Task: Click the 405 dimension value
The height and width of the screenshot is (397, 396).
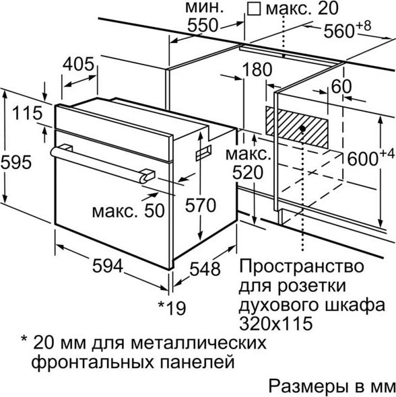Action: click(79, 64)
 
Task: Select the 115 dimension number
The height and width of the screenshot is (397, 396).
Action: click(28, 113)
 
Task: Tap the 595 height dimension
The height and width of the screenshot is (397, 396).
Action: click(16, 162)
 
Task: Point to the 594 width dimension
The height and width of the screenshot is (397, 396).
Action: click(108, 266)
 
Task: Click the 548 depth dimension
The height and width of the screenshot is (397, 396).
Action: click(205, 268)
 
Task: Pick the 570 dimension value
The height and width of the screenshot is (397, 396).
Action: click(201, 205)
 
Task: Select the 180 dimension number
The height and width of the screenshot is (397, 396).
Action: click(257, 69)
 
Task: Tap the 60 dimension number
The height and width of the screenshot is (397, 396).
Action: click(341, 87)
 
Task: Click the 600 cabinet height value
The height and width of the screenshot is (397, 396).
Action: click(363, 159)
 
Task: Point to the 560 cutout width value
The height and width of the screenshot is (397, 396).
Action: click(339, 31)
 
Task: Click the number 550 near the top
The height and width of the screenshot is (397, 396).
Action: click(203, 26)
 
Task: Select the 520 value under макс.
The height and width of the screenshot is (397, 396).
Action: click(248, 173)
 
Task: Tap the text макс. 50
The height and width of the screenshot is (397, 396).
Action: click(128, 211)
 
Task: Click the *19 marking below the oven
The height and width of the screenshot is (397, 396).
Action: click(172, 308)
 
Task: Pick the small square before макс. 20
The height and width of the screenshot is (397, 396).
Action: click(254, 9)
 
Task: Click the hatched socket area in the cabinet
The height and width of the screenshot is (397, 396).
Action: click(297, 127)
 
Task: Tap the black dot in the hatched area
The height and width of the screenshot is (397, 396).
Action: click(302, 129)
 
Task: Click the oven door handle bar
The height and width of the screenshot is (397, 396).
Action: click(102, 164)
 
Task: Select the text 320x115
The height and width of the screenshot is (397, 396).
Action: click(275, 324)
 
